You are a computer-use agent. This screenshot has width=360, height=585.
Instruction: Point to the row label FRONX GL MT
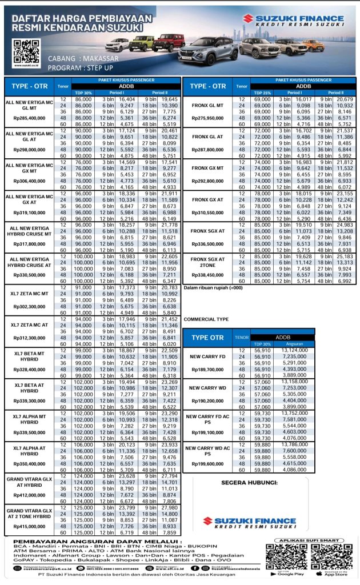pos(208,106)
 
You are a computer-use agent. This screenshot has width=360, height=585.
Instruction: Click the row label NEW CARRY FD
pos(208,356)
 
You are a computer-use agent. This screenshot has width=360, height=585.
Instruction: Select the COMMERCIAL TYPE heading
pos(206,319)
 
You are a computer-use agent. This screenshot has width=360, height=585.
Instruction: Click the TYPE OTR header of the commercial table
pos(207,338)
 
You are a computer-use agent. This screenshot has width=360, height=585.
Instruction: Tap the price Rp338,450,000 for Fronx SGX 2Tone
pos(208,275)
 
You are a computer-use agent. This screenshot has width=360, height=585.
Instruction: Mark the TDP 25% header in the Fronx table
pos(262,92)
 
